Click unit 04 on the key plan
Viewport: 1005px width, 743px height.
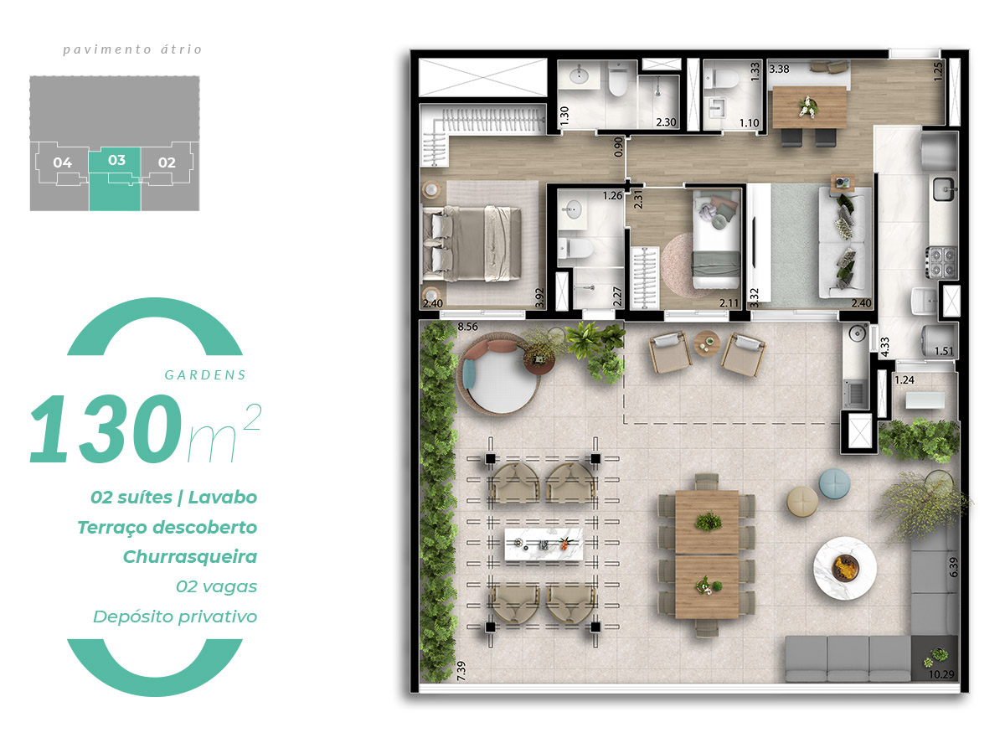pos(62,163)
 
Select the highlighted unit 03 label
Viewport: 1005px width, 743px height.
pos(116,160)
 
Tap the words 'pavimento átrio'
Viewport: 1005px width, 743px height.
pos(132,49)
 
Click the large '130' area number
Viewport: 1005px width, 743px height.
pos(106,428)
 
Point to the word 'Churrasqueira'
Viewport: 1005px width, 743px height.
pos(190,557)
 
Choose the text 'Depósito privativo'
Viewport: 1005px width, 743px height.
pos(175,617)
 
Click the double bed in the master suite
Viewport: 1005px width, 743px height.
pos(472,244)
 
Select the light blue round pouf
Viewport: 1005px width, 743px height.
pos(834,483)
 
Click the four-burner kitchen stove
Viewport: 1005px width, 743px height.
pos(941,262)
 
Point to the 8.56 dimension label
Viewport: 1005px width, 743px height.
pos(467,327)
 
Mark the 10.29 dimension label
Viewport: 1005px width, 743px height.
pos(941,674)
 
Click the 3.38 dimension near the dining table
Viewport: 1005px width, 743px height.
pos(779,69)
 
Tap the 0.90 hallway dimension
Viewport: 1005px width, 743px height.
pos(618,147)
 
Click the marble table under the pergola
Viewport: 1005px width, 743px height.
pos(544,544)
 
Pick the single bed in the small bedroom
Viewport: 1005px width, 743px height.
pos(716,239)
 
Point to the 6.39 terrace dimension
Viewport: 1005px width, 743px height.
pos(953,567)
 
